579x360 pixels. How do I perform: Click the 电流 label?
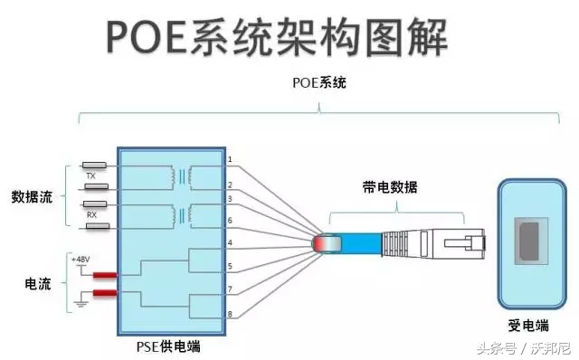click(x=37, y=284)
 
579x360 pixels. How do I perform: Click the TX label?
click(x=91, y=175)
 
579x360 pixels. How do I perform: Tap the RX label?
click(x=91, y=215)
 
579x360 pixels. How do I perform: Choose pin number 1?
click(x=230, y=161)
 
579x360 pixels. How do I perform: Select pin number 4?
click(x=230, y=243)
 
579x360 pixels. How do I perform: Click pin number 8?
click(x=230, y=313)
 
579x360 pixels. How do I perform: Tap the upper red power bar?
click(x=103, y=275)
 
